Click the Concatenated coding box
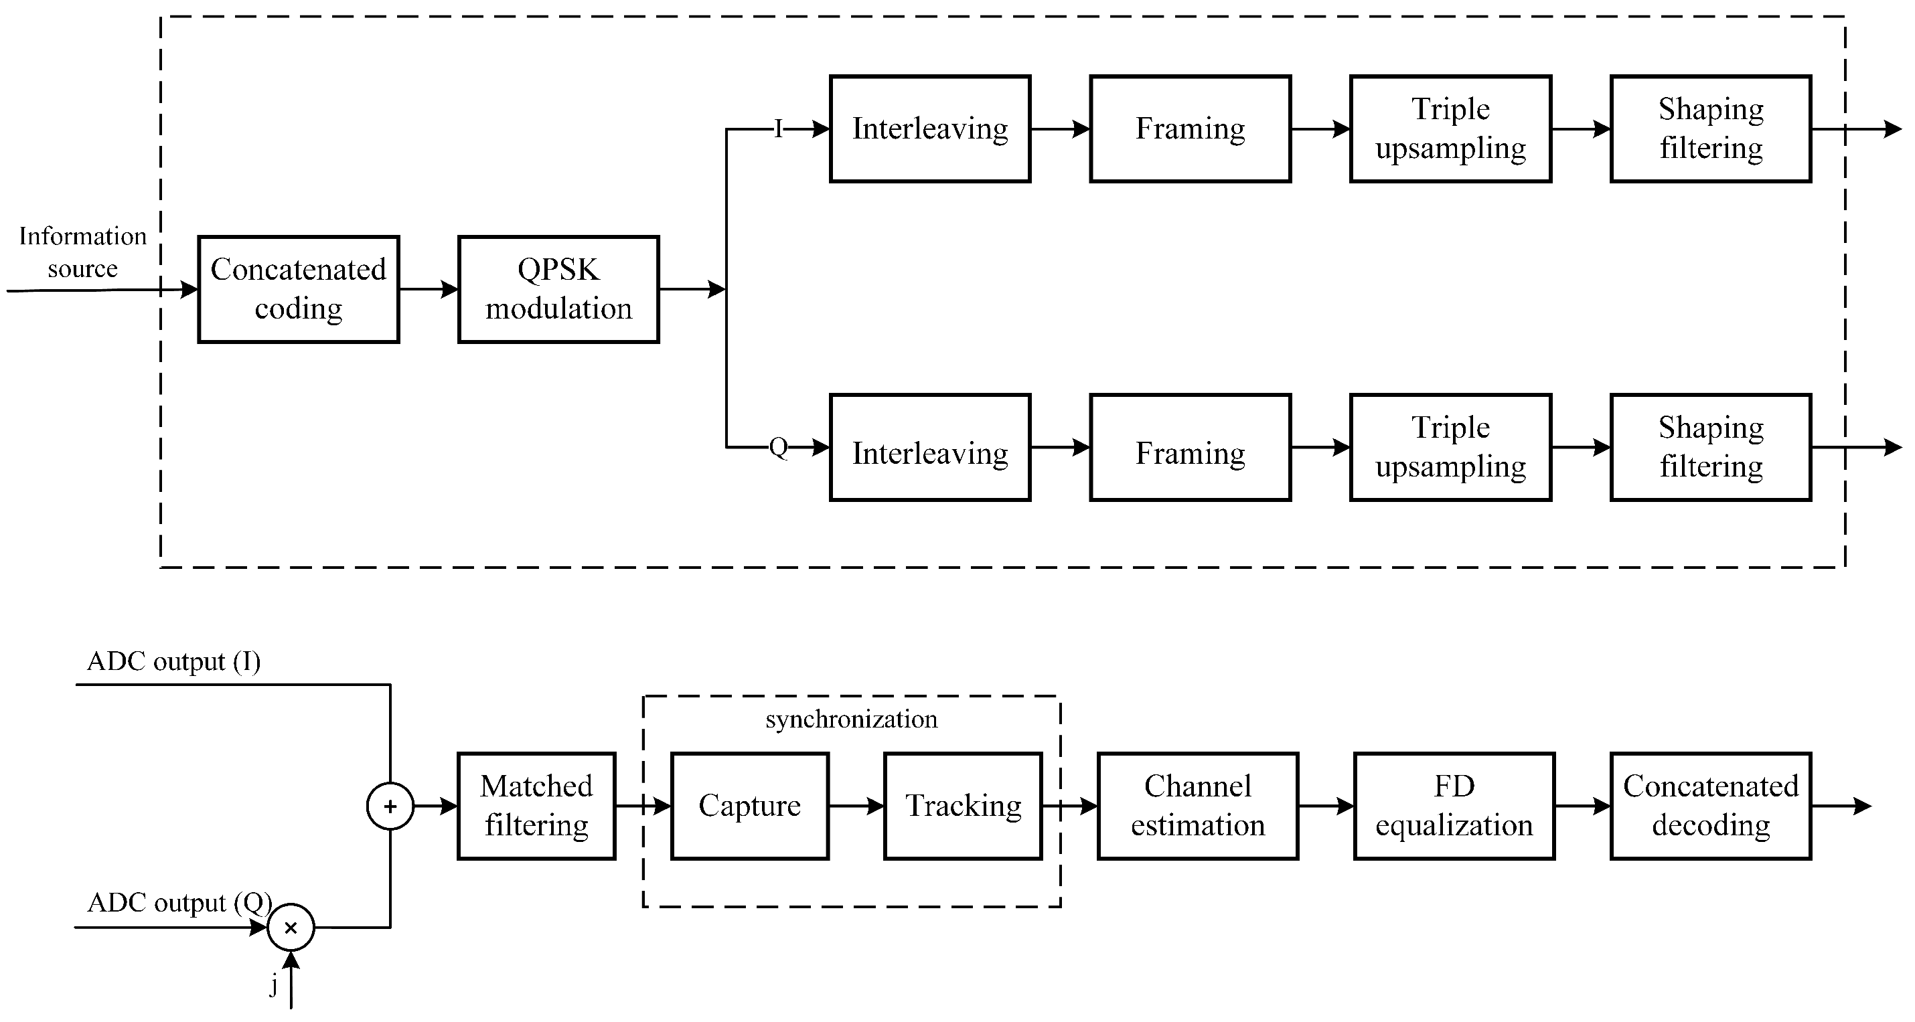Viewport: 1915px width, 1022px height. pos(298,289)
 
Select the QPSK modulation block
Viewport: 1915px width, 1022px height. pos(558,289)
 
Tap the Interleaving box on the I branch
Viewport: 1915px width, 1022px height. pos(930,129)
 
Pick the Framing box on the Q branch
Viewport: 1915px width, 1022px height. pos(1191,448)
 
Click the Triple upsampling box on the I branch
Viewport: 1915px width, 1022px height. pos(1450,129)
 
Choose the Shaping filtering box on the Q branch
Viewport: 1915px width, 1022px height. pos(1711,448)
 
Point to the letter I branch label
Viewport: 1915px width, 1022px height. pos(778,129)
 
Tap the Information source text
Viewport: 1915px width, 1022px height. pos(82,252)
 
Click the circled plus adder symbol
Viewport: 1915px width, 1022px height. pos(390,806)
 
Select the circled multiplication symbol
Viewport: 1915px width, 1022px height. pos(291,928)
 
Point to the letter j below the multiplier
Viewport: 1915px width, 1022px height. pos(274,985)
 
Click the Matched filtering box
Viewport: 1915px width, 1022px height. pos(536,806)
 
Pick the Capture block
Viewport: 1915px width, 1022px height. pos(749,806)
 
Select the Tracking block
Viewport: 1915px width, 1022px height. pos(963,806)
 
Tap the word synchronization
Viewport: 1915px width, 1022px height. pos(851,719)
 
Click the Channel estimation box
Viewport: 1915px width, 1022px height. pos(1198,806)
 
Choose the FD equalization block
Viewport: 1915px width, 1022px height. pos(1454,806)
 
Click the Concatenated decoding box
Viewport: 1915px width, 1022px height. pos(1711,806)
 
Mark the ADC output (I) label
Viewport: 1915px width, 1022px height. pos(174,661)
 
